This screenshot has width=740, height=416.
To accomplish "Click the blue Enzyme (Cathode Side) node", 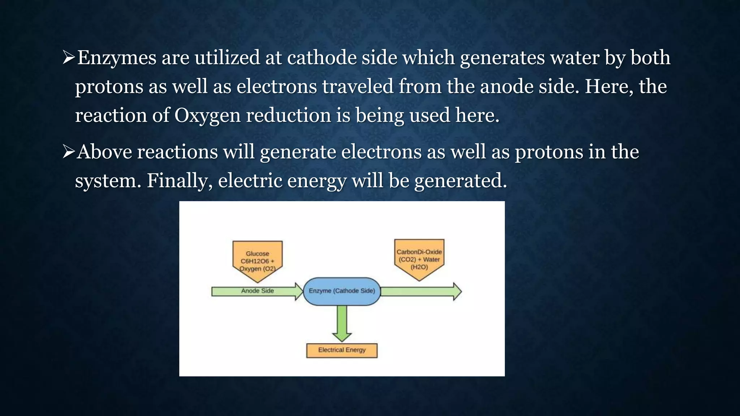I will coord(342,291).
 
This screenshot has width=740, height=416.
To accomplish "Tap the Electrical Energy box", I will coord(342,350).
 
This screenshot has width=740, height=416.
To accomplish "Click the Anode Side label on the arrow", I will coord(257,291).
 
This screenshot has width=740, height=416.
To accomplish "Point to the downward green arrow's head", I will coord(342,337).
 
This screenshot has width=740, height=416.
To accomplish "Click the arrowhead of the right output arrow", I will coord(457,291).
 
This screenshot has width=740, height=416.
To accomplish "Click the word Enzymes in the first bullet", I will coord(117,58).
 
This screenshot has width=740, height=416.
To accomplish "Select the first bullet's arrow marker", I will coord(68,58).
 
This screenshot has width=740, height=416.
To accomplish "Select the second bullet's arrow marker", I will coord(68,152).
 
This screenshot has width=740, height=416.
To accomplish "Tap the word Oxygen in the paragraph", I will coord(207,116).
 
